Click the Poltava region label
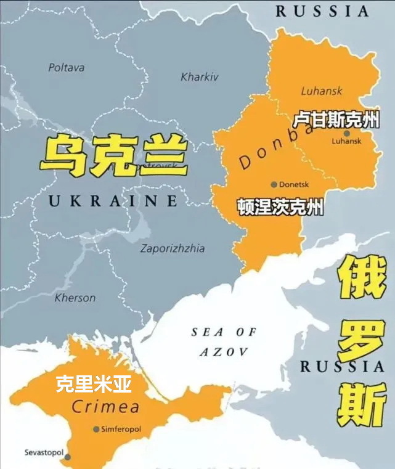pyautogui.click(x=67, y=68)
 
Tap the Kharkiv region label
pyautogui.click(x=200, y=77)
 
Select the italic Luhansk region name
pyautogui.click(x=322, y=91)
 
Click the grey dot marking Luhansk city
pyautogui.click(x=347, y=133)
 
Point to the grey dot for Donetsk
pyautogui.click(x=274, y=184)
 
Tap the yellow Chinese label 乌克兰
pyautogui.click(x=113, y=155)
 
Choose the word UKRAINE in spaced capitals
pyautogui.click(x=113, y=200)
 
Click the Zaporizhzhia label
pyautogui.click(x=173, y=249)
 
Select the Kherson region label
pyautogui.click(x=75, y=298)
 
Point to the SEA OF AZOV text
pyautogui.click(x=223, y=342)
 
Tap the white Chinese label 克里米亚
pyautogui.click(x=94, y=385)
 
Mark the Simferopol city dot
pyautogui.click(x=96, y=429)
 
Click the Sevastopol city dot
pyautogui.click(x=67, y=457)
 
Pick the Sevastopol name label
pyautogui.click(x=44, y=452)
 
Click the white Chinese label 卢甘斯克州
pyautogui.click(x=335, y=120)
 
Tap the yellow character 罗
pyautogui.click(x=360, y=341)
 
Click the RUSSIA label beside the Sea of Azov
pyautogui.click(x=343, y=367)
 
